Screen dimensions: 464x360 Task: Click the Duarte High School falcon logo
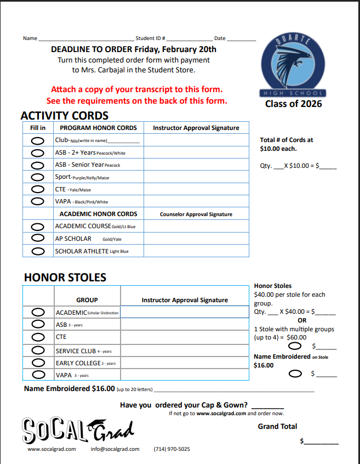294,65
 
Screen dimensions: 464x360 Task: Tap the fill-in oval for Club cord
38,140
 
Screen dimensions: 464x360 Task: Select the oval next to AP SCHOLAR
38,239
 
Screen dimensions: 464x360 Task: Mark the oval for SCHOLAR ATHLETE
38,251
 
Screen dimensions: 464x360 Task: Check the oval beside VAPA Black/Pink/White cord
38,201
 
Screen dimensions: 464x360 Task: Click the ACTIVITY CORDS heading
65,116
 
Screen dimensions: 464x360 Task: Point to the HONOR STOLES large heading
65,278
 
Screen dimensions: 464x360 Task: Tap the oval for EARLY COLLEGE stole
38,363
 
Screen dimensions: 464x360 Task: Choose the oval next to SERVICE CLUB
38,350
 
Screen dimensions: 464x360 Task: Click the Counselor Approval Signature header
196,214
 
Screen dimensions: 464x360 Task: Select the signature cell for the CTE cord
196,190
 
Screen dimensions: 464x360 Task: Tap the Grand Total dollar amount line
321,442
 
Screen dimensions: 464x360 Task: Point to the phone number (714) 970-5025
172,449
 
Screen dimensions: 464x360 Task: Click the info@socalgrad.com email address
115,449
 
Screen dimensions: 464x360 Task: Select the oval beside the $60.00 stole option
295,346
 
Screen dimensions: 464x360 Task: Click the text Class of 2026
294,104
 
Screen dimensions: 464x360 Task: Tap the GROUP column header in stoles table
87,300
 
